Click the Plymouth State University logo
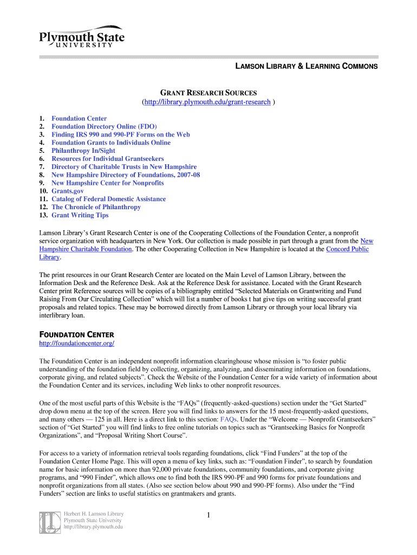coord(81,36)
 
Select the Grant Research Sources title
coord(208,93)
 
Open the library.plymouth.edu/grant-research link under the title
coord(206,102)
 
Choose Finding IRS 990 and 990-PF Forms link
coord(120,134)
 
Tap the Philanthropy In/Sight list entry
coord(83,151)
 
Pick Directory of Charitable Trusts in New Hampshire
coord(124,167)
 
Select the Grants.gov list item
coord(68,191)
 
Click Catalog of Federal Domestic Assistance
coord(108,199)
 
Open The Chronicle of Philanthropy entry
coord(96,207)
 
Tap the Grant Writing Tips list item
coord(80,215)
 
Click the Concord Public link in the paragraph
coord(347,249)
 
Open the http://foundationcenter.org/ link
coord(77,344)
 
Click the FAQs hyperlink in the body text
coord(228,420)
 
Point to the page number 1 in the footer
coord(208,515)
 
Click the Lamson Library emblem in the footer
coord(49,522)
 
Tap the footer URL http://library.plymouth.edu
coord(93,527)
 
